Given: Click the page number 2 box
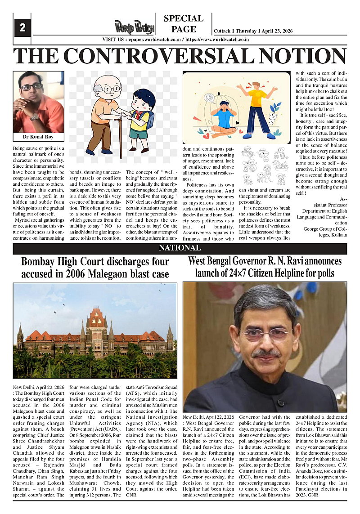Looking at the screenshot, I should click(22, 28).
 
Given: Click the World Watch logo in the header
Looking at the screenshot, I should click(134, 28).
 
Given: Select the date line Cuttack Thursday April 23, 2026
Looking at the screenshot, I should click(253, 31).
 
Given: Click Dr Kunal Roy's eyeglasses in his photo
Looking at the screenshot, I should click(31, 86).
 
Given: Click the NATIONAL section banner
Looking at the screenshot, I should click(180, 249).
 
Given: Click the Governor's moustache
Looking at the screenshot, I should click(265, 353).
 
